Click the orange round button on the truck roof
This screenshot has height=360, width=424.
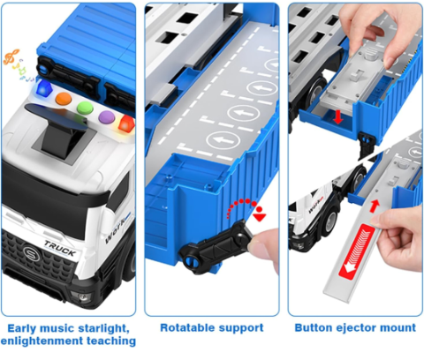click(64, 98)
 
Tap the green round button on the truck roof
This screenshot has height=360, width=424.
click(85, 108)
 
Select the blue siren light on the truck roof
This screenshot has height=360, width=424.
click(43, 87)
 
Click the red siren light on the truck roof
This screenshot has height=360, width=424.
click(126, 124)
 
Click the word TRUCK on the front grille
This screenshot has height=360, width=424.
click(60, 248)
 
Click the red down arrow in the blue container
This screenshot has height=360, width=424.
click(337, 117)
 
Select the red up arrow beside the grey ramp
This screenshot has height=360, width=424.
click(374, 206)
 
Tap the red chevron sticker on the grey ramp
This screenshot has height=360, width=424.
click(357, 251)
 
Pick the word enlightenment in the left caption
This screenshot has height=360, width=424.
click(42, 341)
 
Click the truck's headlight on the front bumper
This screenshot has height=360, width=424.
click(82, 297)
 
